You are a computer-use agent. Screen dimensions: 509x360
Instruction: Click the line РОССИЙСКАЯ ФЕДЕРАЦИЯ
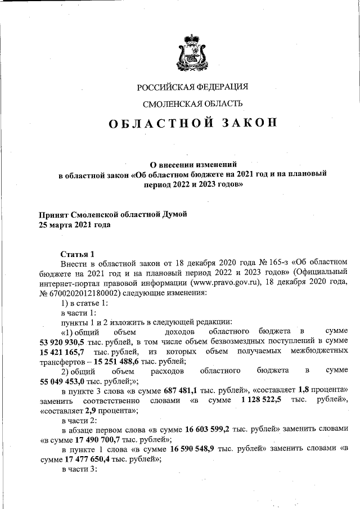192,87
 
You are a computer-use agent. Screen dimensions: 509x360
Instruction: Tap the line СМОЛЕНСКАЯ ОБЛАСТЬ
193,103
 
